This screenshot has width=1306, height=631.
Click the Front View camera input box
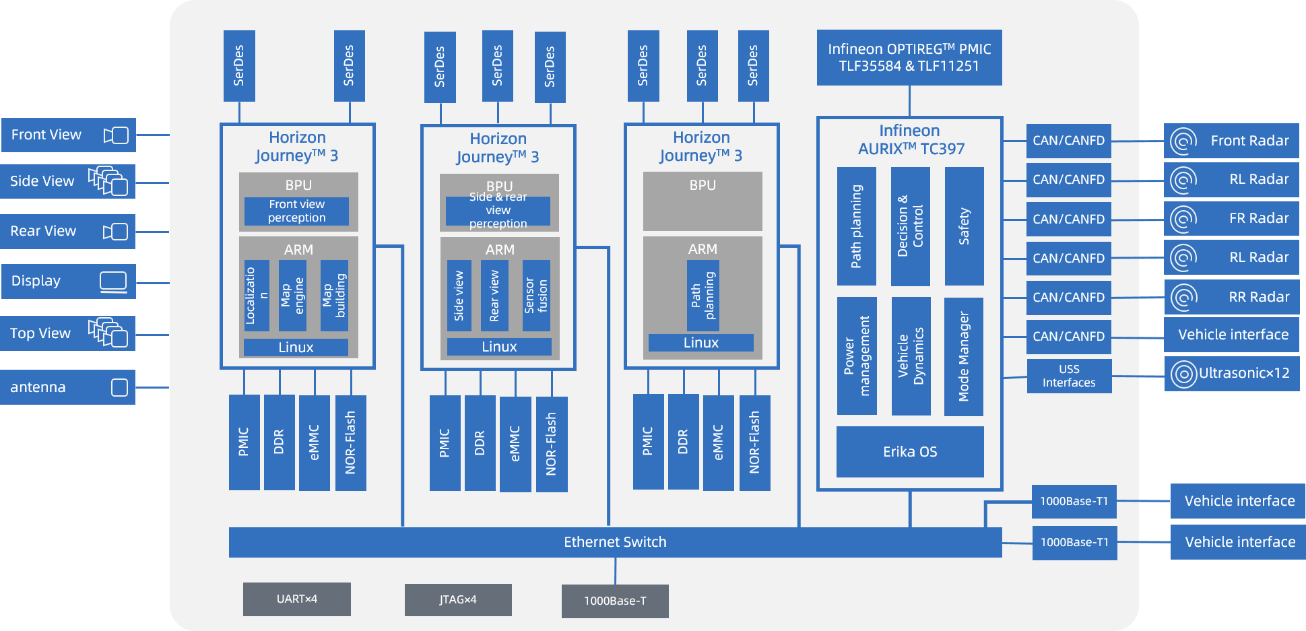[x=68, y=135]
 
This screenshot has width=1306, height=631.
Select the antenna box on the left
[x=67, y=387]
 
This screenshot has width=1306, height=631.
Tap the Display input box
[x=68, y=281]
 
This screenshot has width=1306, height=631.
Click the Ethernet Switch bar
[x=615, y=542]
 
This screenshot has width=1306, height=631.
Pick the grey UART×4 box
[x=296, y=599]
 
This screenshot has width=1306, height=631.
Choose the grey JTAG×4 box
[x=458, y=599]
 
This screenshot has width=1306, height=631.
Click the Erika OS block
[x=910, y=452]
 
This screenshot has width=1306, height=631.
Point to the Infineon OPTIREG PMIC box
[x=909, y=57]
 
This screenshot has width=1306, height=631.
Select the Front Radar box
[x=1231, y=141]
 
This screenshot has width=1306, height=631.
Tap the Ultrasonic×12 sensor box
[x=1231, y=373]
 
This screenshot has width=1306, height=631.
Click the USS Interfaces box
[x=1069, y=376]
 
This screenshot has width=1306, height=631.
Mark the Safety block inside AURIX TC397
[x=964, y=226]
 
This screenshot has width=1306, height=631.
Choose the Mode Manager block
[x=964, y=356]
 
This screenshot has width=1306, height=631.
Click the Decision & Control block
[x=910, y=226]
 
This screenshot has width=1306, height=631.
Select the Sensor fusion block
[x=536, y=296]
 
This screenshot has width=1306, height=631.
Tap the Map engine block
[x=292, y=296]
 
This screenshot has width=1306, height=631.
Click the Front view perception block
[x=296, y=211]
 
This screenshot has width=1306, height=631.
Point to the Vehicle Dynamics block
[x=911, y=356]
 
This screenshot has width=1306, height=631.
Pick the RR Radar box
[x=1231, y=297]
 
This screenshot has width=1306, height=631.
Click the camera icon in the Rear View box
[x=116, y=232]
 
